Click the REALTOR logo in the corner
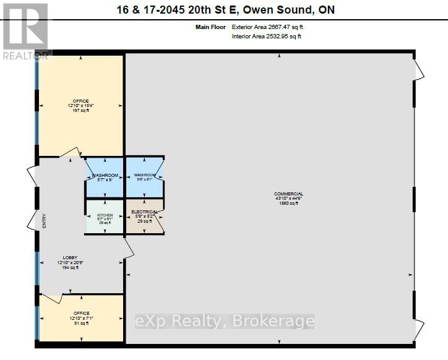click(25, 31)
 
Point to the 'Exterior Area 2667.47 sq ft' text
click(267, 27)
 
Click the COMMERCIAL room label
click(288, 194)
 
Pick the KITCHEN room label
click(105, 215)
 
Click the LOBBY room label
click(69, 258)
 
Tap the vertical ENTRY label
click(44, 221)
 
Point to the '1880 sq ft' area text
click(288, 203)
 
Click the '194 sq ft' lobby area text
click(69, 267)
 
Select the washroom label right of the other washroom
click(144, 176)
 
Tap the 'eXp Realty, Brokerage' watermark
click(225, 321)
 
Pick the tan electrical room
click(137, 228)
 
